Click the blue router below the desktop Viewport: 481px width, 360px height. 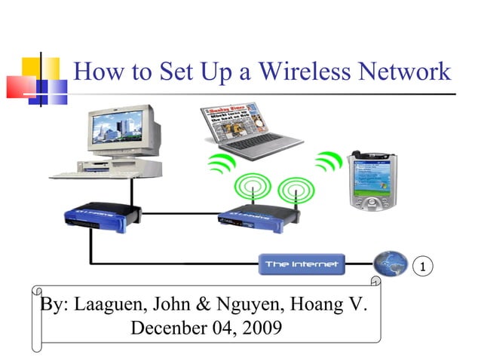(103, 215)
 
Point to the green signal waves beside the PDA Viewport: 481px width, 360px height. (329, 161)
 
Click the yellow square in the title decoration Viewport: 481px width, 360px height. (41, 69)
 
